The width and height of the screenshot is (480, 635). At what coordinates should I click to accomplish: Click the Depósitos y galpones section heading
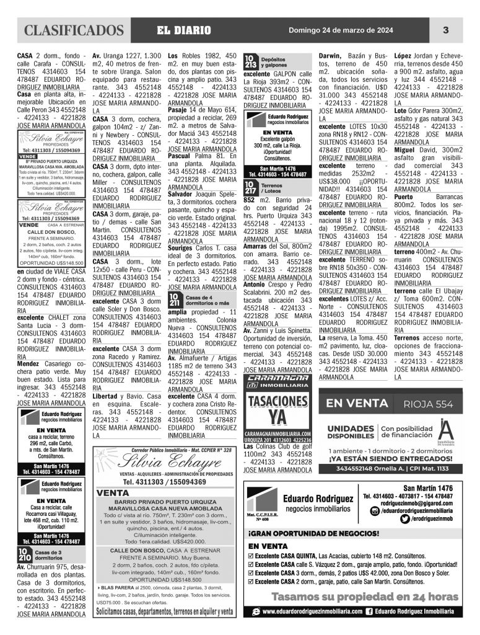pos(274,61)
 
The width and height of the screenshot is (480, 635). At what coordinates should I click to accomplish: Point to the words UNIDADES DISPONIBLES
pos(350,432)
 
